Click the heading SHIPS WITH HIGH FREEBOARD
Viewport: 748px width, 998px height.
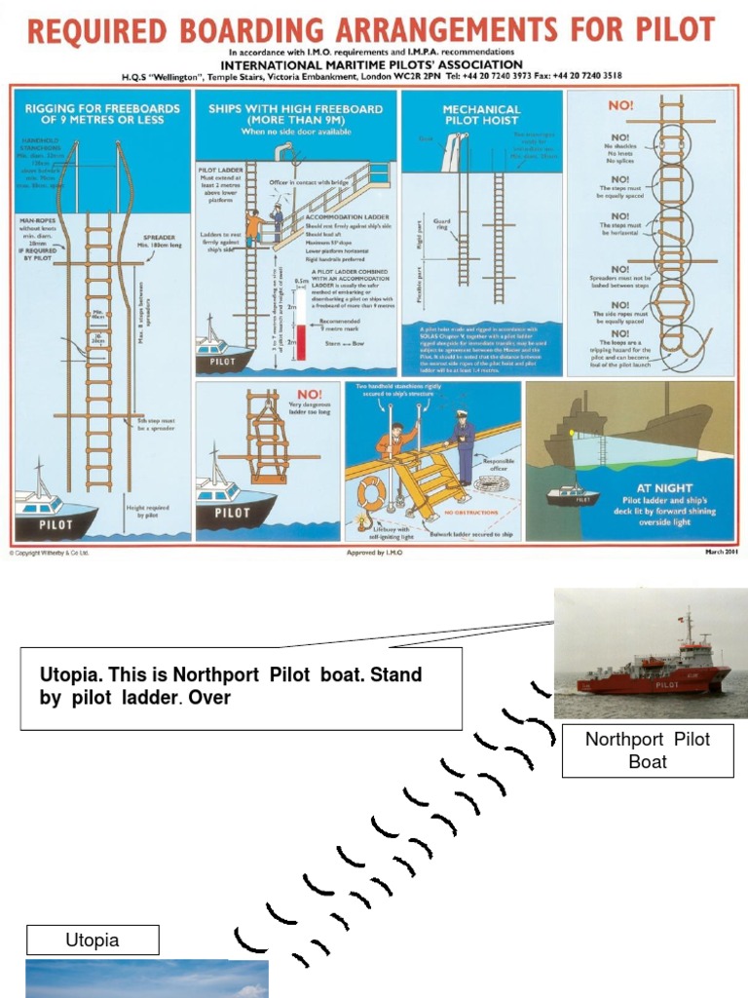tap(295, 109)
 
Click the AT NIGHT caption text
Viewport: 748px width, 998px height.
tap(664, 488)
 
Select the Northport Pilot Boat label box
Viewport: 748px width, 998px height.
tap(648, 750)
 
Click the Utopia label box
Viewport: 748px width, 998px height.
tap(92, 940)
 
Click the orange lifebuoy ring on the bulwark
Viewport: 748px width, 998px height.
tap(370, 492)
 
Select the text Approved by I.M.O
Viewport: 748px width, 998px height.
tap(373, 552)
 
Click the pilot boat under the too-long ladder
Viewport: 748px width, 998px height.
tap(234, 509)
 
